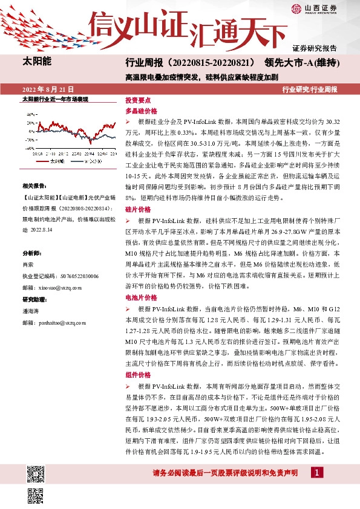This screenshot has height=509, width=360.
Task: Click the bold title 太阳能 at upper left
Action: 37,62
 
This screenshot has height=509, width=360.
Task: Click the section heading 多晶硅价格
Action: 140,111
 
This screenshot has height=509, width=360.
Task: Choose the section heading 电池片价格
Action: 140,298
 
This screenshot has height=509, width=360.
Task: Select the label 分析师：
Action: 33,253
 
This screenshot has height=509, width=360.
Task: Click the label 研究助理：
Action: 35,299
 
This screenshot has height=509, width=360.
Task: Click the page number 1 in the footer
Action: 316,472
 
